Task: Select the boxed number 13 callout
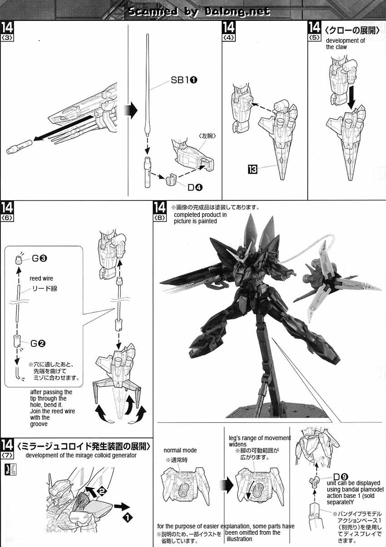click(252, 170)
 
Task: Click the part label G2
click(38, 343)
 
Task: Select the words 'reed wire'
click(41, 278)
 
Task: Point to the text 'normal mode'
click(180, 450)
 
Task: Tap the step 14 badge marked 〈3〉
click(7, 31)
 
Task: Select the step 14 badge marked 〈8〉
click(160, 211)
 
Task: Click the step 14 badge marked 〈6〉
click(7, 211)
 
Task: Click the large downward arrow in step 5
click(352, 97)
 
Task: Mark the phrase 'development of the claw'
click(345, 44)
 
